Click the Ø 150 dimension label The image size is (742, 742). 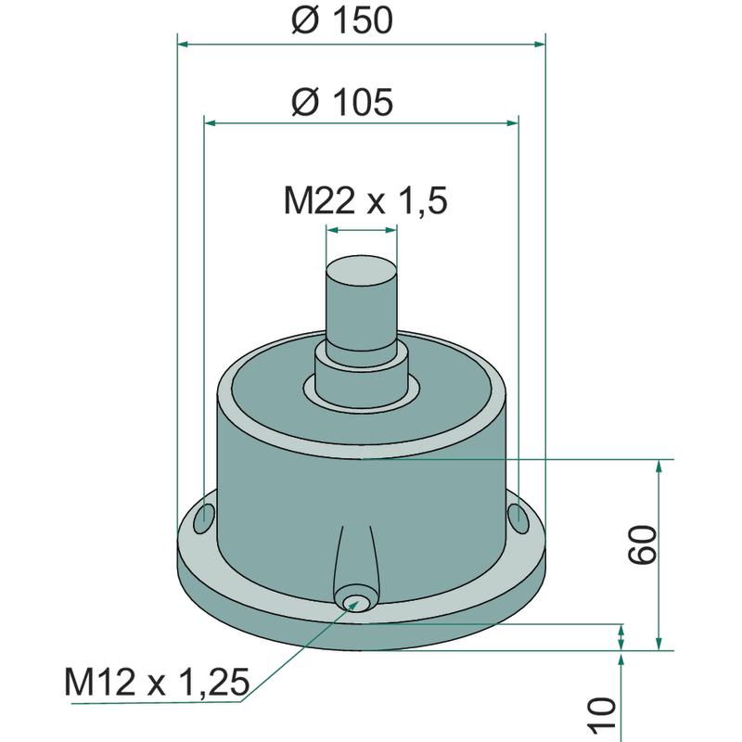342,20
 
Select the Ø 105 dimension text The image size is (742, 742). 342,102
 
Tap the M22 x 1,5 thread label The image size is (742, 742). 365,200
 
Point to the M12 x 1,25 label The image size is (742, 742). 157,682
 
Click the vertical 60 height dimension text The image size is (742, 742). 642,544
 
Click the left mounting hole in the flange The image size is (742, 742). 204,518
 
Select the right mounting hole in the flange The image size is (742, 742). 518,518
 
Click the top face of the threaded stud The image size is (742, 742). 362,272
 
